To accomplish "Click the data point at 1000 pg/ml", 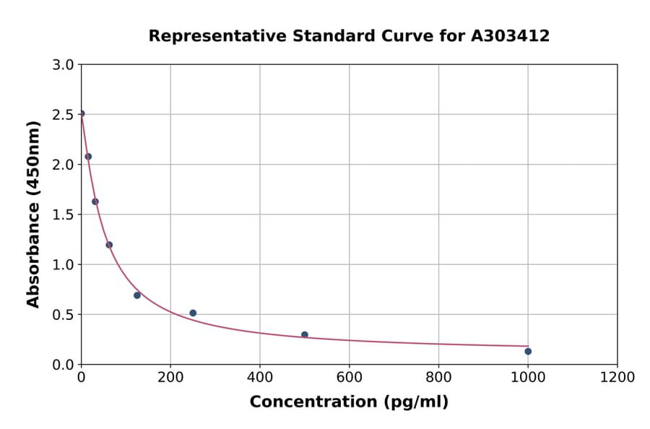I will pos(528,351).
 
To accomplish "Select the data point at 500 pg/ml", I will pos(305,334).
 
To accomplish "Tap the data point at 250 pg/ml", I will pos(193,313).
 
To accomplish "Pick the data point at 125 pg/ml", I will pos(137,295).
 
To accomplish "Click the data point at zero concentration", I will pos(82,113).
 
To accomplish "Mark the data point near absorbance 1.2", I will pos(109,245).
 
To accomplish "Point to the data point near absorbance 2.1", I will pos(88,156).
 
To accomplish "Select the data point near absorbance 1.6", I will pos(95,201).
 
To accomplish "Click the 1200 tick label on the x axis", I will pos(617,378).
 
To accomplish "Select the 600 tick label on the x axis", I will pos(349,378).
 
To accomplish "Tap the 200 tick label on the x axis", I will pos(170,378).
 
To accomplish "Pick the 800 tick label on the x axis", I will pos(438,378).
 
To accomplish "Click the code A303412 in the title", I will pos(510,36).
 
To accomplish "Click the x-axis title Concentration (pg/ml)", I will pos(349,402).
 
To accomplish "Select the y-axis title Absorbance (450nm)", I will pos(33,214).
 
